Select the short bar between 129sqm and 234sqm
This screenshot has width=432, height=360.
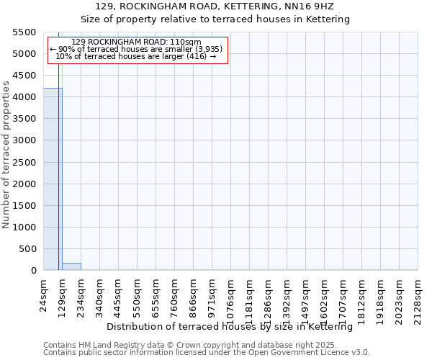71,266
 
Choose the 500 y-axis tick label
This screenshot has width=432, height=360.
30,249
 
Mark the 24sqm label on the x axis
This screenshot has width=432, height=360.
44,294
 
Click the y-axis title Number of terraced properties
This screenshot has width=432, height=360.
7,154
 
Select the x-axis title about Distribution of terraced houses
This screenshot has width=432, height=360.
234,327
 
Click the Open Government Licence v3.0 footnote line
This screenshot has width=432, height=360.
206,352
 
